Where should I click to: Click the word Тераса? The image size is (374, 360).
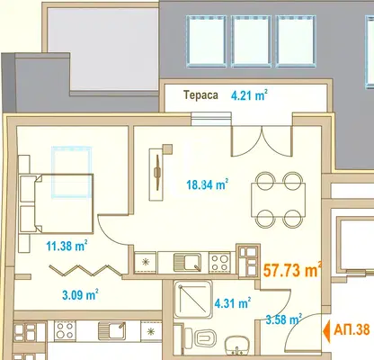200,95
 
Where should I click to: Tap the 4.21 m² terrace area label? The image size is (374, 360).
249,95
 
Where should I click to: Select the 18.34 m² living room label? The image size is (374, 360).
208,184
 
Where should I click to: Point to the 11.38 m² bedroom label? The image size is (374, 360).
67,246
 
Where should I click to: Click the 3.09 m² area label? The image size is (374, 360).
80,294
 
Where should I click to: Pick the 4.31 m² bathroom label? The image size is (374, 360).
233,303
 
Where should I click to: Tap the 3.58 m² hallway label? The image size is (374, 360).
284,319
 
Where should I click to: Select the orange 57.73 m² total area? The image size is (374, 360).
292,269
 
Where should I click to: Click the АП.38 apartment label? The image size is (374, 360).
352,330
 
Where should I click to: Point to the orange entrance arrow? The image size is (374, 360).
326,331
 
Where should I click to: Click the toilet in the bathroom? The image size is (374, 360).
201,337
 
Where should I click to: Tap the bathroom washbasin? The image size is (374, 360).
237,345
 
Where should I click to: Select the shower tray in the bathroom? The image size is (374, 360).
193,299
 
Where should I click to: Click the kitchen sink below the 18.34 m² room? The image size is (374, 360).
188,263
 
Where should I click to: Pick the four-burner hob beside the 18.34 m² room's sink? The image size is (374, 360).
220,263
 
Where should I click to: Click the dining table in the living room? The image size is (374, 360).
279,200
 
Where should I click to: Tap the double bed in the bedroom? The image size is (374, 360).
57,203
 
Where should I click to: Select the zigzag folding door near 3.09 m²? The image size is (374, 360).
85,270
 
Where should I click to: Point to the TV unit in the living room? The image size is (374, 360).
156,175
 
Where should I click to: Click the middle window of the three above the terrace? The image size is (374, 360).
251,41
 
